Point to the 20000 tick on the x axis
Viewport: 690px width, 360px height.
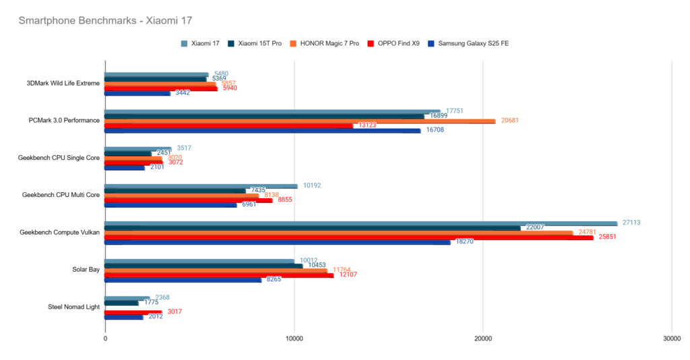(482, 338)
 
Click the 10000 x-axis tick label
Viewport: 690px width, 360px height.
(294, 338)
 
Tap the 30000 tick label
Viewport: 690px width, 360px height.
(670, 338)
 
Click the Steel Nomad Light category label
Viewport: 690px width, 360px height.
(73, 307)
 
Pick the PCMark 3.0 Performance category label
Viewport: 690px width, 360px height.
(64, 121)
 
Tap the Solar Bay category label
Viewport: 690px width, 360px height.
(86, 270)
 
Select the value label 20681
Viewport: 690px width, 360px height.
(509, 121)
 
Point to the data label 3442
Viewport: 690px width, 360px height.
(182, 92)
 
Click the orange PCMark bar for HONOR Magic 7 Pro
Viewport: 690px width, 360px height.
(300, 121)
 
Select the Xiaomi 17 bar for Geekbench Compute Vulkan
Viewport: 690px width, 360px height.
(360, 223)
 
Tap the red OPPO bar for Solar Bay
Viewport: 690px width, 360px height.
(219, 275)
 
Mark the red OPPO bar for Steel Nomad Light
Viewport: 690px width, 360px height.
(133, 312)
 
